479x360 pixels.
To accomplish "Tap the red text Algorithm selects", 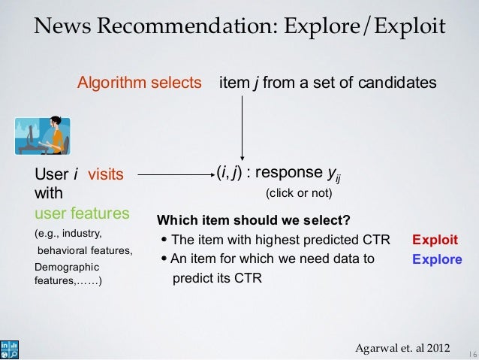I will (x=140, y=81).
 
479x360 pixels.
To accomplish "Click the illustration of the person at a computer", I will (x=43, y=135).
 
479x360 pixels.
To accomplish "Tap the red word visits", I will (x=106, y=175).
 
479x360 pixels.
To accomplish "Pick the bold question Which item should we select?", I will (x=253, y=220).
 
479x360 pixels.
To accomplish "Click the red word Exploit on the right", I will (x=435, y=241).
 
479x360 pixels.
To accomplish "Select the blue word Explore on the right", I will (x=437, y=259).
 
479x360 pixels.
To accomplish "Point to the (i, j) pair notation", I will (x=229, y=174).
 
